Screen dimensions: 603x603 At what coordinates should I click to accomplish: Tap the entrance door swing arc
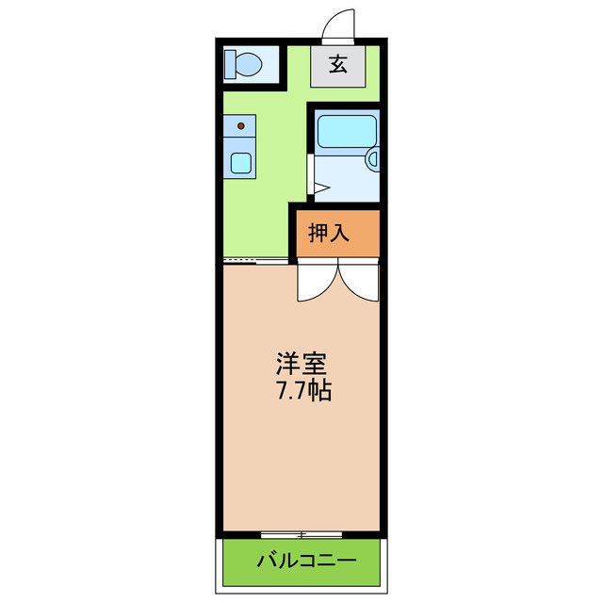coord(342,24)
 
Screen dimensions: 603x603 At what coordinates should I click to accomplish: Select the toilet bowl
coord(247,65)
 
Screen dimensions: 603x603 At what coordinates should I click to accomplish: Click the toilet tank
coord(230,65)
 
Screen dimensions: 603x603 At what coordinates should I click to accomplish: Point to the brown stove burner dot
coord(241,125)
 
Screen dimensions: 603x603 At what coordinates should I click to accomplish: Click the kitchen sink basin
coord(241,163)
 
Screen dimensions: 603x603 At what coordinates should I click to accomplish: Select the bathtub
coord(346,131)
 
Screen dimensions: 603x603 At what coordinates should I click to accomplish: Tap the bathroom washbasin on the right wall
coord(373,159)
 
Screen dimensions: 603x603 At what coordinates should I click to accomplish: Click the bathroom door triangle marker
coord(320,189)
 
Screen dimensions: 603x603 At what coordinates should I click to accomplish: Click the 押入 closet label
coord(330,234)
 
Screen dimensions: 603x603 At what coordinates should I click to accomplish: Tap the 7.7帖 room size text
coord(302,390)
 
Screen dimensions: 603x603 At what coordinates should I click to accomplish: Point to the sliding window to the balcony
coord(301,533)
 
